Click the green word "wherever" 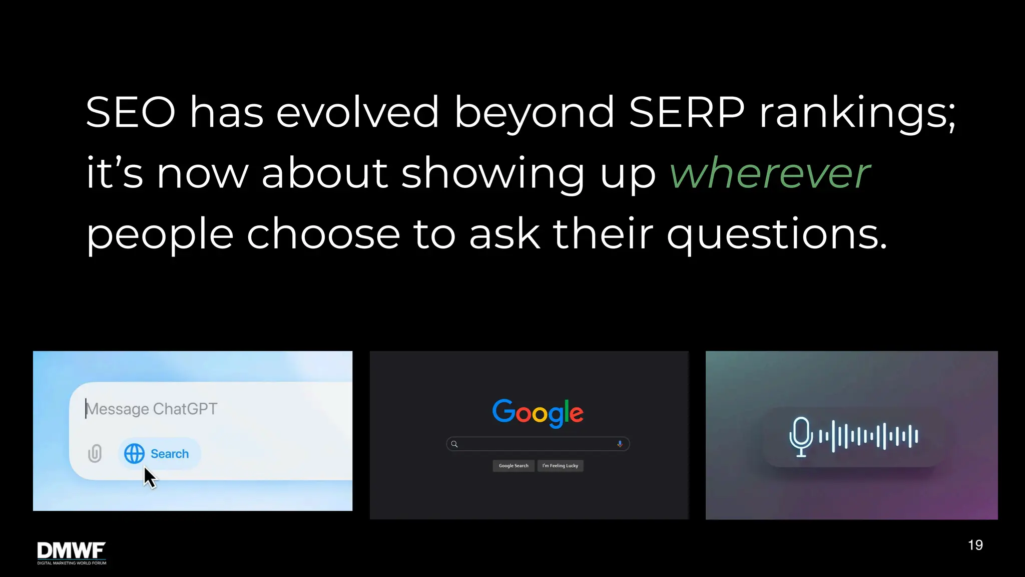point(770,173)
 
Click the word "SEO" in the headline point(131,112)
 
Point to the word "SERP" point(686,112)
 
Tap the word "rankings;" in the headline point(857,113)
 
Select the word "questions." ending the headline point(777,234)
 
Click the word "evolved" point(357,112)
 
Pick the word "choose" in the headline point(323,234)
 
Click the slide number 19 point(975,545)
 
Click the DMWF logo point(72,552)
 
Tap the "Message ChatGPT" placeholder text point(152,409)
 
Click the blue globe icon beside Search point(134,454)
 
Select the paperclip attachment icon point(95,453)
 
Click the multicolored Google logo point(538,412)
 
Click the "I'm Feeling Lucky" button point(560,466)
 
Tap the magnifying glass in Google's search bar point(454,444)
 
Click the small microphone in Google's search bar point(620,444)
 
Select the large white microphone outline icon point(801,436)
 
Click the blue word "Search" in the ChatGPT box point(170,454)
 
